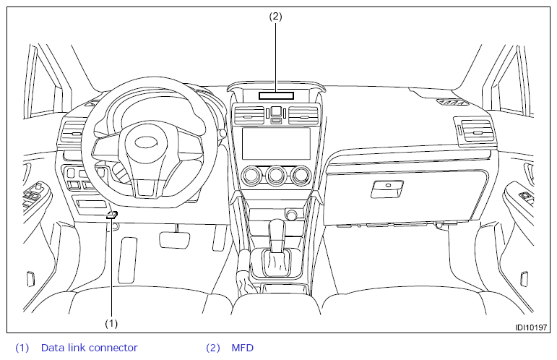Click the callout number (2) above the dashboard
tap(275, 16)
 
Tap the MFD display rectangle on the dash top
tap(275, 95)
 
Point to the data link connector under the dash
tap(112, 215)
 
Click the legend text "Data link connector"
tap(89, 348)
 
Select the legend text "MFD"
tap(243, 348)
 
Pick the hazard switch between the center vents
tap(276, 112)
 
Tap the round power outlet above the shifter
tap(293, 215)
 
